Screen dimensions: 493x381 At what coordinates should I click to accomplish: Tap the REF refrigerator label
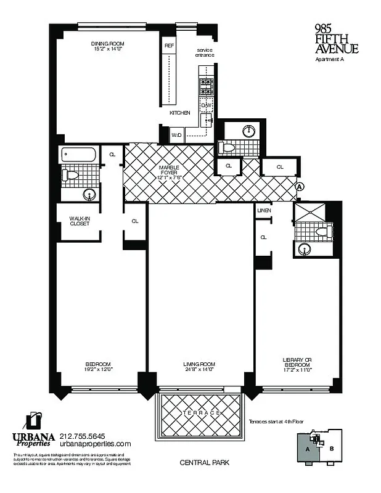[x=169, y=46]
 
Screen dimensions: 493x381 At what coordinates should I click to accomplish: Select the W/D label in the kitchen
[x=176, y=134]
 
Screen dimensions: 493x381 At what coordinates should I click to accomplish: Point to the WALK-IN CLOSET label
[x=80, y=221]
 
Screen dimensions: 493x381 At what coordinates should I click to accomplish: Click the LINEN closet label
[x=264, y=211]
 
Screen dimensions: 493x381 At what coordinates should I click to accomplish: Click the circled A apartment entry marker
[x=300, y=186]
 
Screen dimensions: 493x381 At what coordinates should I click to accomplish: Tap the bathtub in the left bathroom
[x=78, y=155]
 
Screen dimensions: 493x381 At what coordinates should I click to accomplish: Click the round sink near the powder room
[x=249, y=131]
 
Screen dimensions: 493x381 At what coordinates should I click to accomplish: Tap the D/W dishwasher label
[x=206, y=106]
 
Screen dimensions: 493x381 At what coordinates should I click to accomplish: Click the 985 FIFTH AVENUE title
[x=336, y=38]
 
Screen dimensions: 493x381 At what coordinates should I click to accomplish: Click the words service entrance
[x=205, y=52]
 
